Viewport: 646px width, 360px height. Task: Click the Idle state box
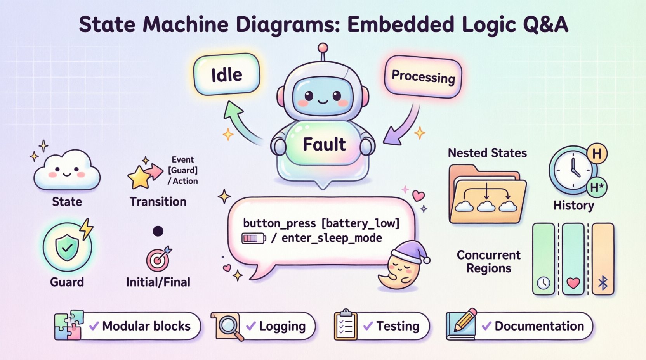227,74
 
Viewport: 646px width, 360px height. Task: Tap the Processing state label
423,76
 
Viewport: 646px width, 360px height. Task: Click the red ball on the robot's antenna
323,48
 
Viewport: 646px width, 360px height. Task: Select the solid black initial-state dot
158,231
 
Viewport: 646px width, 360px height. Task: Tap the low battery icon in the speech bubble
254,238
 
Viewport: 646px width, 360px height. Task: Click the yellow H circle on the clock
597,154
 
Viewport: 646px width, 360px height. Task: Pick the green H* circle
597,187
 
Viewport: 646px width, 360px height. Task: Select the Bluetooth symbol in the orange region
603,284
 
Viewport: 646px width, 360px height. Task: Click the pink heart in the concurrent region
573,283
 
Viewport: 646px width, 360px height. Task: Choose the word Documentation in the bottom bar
539,326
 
